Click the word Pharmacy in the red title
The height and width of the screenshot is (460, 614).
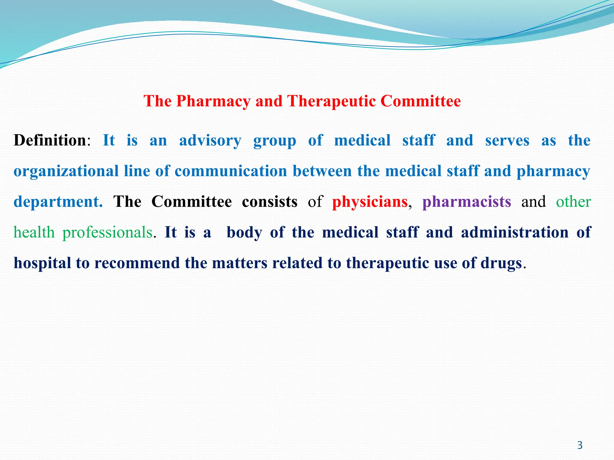(x=213, y=101)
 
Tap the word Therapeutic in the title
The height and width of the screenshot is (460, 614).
(x=331, y=101)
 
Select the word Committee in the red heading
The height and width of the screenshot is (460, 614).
(x=421, y=101)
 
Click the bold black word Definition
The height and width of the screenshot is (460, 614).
(x=50, y=140)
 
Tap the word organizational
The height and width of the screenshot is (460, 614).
(x=66, y=171)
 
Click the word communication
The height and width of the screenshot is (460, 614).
(x=231, y=171)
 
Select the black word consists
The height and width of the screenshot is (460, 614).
(x=270, y=202)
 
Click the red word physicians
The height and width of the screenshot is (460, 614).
(x=370, y=202)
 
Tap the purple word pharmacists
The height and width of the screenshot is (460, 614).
(x=467, y=202)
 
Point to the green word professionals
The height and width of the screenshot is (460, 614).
(x=107, y=233)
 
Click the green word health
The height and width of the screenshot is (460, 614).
(x=34, y=233)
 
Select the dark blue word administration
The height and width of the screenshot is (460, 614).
(x=514, y=232)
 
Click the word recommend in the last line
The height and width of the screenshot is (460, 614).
(x=137, y=263)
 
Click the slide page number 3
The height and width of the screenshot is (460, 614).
(x=580, y=445)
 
